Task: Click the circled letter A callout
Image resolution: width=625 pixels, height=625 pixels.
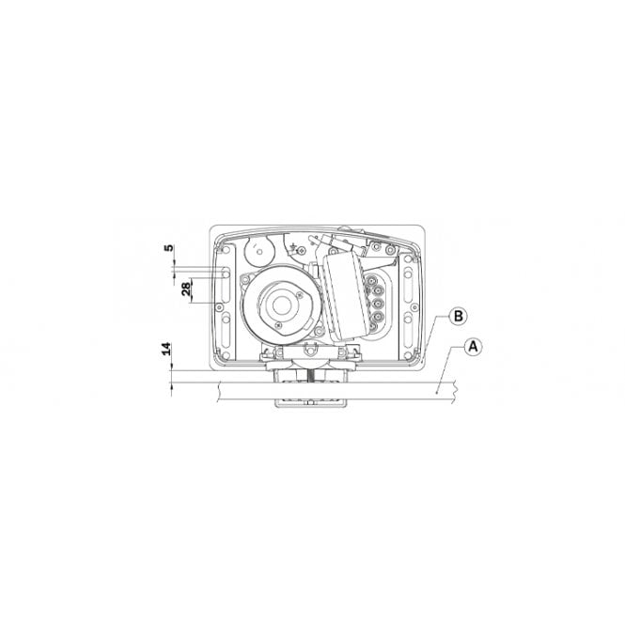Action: [474, 346]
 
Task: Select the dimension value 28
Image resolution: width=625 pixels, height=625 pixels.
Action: [187, 289]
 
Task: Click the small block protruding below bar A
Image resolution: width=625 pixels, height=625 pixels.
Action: [310, 401]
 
